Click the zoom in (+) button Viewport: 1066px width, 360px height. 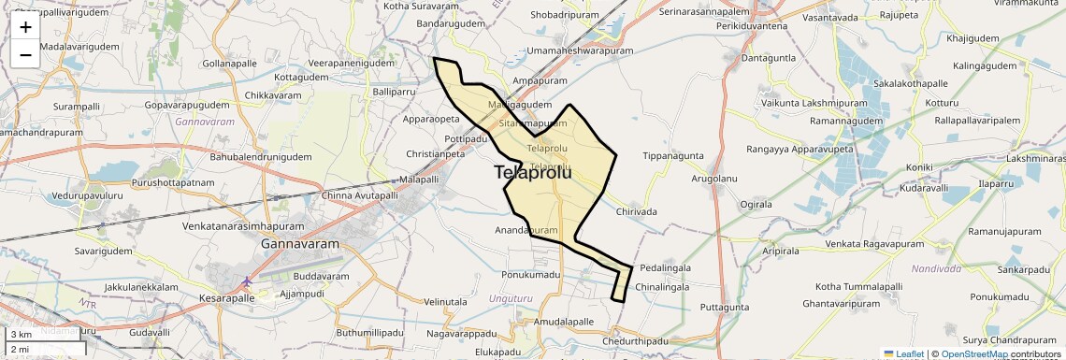pos(25,27)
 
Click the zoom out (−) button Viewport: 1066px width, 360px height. pos(25,54)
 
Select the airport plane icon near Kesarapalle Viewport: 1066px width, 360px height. pos(247,281)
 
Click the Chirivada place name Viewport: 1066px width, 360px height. pos(636,212)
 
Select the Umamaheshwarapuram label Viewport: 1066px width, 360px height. pos(580,50)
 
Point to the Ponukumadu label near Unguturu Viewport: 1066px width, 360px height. pos(530,275)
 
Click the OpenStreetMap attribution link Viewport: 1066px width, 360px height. pos(973,353)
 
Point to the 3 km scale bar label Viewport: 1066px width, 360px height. pos(22,334)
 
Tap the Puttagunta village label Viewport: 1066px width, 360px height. pos(725,307)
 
